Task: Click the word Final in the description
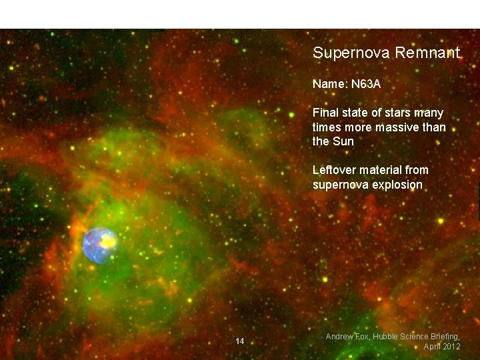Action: tap(325, 113)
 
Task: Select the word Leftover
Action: tap(335, 170)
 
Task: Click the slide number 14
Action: tap(240, 341)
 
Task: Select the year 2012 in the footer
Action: tap(451, 347)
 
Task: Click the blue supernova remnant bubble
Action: tap(99, 245)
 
